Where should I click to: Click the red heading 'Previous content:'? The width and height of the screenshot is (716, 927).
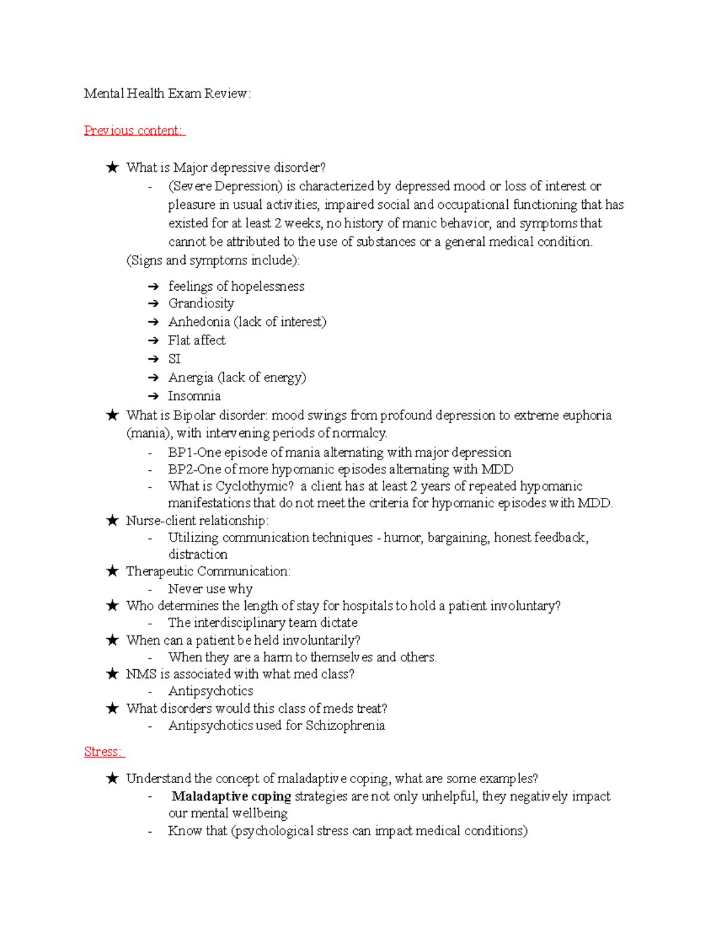point(134,130)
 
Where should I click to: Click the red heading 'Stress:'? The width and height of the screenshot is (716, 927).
point(104,752)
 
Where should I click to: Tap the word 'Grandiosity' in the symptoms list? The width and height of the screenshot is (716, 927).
point(201,303)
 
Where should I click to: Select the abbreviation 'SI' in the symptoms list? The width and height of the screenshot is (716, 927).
point(174,359)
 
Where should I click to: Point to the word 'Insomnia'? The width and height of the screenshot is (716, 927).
point(195,396)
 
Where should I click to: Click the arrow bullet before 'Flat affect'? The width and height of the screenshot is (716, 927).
point(153,341)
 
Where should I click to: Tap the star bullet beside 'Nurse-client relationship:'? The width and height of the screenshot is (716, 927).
point(112,521)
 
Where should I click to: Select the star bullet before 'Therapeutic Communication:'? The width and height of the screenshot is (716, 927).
point(112,571)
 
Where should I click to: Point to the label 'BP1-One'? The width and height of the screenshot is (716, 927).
point(194,452)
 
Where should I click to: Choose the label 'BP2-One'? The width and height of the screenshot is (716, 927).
point(194,469)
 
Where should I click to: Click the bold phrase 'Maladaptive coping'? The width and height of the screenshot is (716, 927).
point(232,796)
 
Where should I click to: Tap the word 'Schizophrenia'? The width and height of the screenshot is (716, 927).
point(345,725)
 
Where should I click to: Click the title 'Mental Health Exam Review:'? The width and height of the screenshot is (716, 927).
point(167,93)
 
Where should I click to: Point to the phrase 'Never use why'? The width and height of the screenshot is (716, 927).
point(210,589)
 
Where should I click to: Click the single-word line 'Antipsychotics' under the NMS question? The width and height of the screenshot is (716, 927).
point(211,691)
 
